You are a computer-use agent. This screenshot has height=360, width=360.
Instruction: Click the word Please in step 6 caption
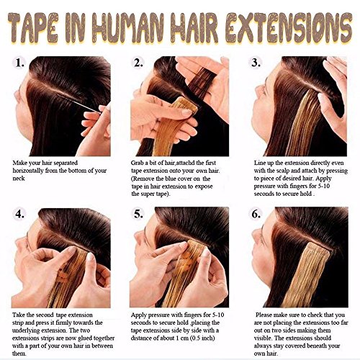[269, 315]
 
